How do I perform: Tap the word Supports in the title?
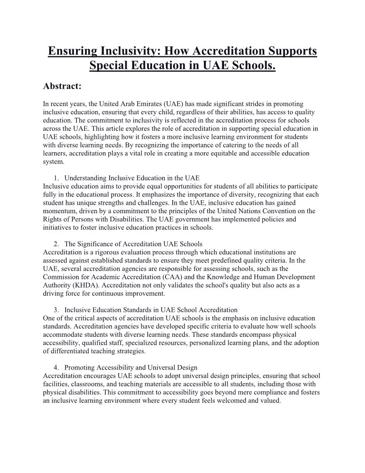(x=292, y=51)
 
